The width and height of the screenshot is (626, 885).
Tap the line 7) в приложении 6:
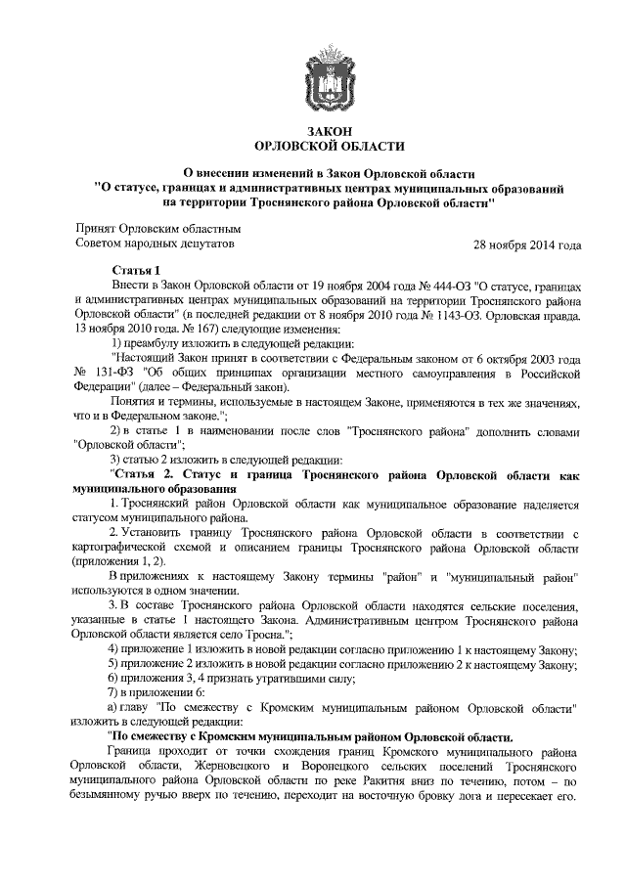coord(156,692)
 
